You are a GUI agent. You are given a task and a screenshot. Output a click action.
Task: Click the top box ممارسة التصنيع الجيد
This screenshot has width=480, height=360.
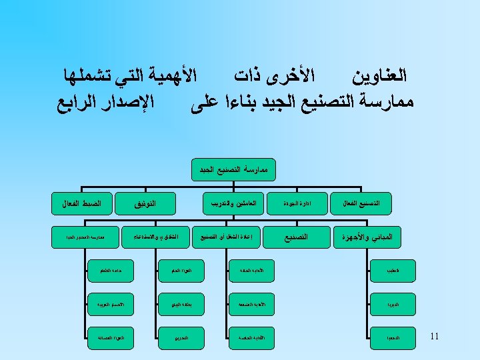point(233,170)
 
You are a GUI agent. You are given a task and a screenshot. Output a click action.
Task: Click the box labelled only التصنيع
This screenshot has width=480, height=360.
point(297,237)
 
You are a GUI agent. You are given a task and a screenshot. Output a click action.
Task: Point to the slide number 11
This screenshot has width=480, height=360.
point(434,336)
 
